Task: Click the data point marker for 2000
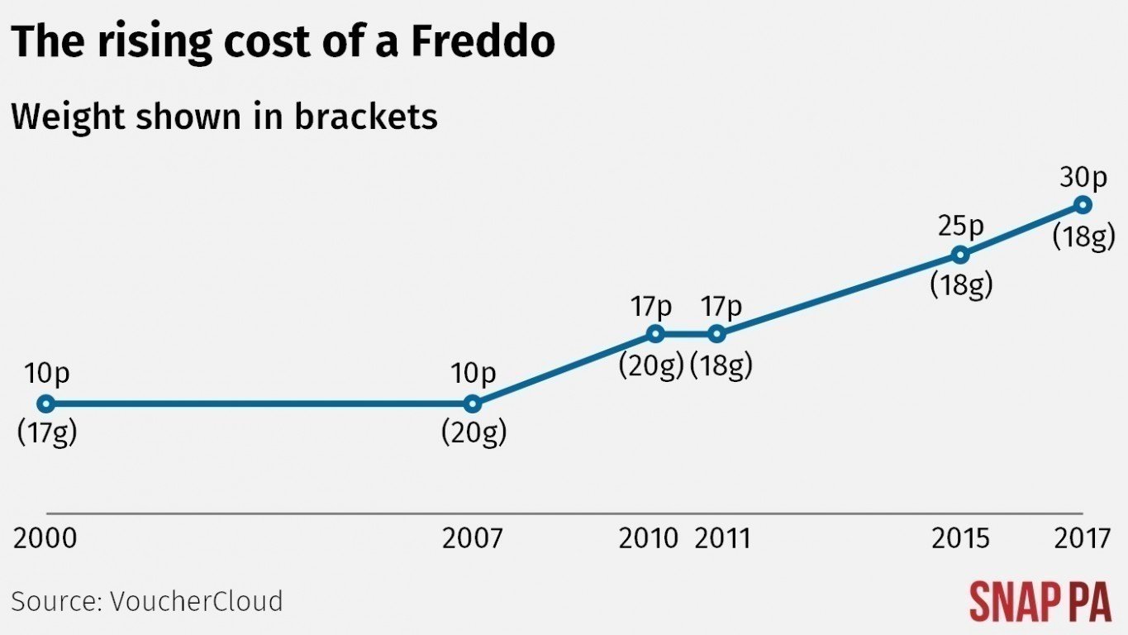point(46,403)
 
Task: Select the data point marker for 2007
point(472,403)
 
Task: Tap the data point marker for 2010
point(655,334)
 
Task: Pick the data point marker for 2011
point(717,334)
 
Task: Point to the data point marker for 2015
point(960,254)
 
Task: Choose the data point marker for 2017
point(1083,204)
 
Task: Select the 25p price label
point(960,226)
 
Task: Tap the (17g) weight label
point(47,432)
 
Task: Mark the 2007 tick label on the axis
point(472,539)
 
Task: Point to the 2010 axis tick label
point(649,539)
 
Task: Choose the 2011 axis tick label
point(723,539)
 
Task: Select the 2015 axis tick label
point(960,539)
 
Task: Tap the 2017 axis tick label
point(1083,539)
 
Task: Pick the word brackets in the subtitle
point(365,117)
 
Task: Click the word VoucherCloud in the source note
point(196,601)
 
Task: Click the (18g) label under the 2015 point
point(960,284)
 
